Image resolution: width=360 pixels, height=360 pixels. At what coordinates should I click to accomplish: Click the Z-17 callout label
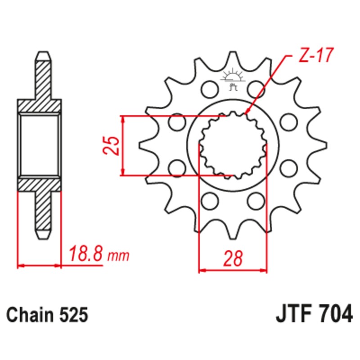[315, 56]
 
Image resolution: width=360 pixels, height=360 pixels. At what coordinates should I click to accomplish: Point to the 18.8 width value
[87, 255]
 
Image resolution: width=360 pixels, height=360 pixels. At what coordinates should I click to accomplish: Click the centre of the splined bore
[233, 145]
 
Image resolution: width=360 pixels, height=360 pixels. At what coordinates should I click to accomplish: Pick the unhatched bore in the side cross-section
[40, 145]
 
